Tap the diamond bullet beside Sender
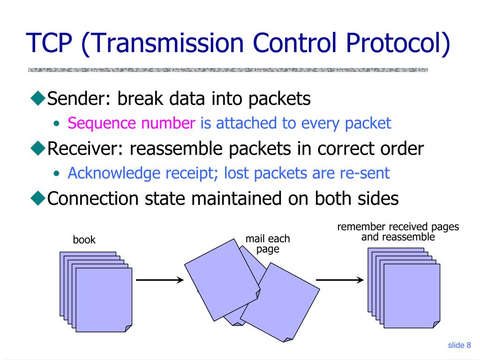[38, 98]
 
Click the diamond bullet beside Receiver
[38, 148]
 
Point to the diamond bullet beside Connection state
[38, 198]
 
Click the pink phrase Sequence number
[131, 123]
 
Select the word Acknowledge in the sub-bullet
[114, 173]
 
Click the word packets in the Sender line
[279, 99]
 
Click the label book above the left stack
[84, 240]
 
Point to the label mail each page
[268, 244]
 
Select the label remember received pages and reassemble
[398, 232]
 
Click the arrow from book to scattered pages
[160, 279]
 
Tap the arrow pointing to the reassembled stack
[340, 279]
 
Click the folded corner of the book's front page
[128, 329]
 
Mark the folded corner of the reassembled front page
[436, 324]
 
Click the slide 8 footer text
[459, 345]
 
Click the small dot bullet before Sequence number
[56, 124]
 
